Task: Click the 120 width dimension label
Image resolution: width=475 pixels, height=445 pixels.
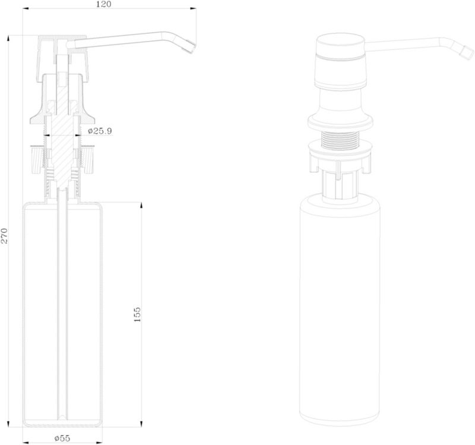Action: [104, 4]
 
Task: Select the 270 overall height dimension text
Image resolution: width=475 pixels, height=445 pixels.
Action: [5, 236]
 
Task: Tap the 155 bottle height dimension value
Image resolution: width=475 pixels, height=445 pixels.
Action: [137, 314]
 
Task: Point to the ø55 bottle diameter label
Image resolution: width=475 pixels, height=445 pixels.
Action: [62, 438]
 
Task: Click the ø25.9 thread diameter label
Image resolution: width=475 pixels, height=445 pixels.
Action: [100, 131]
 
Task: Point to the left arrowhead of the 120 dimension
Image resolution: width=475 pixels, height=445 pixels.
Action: [26, 8]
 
